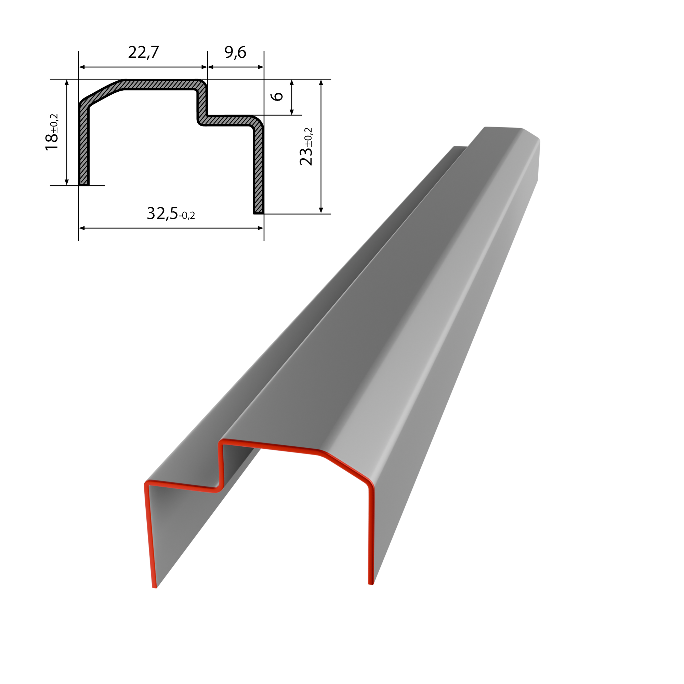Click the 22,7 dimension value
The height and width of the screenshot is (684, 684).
pos(143,52)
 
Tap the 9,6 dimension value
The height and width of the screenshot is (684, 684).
pos(235,52)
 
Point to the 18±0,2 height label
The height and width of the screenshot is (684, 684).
pos(52,132)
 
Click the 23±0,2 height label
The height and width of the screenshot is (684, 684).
pos(306,146)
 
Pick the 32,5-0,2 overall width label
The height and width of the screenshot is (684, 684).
pos(171,213)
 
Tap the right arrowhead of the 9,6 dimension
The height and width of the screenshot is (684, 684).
pos(261,67)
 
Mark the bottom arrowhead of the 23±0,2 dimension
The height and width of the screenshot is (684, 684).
pos(321,210)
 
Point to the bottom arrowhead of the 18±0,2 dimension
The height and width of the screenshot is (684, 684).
pos(67,182)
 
